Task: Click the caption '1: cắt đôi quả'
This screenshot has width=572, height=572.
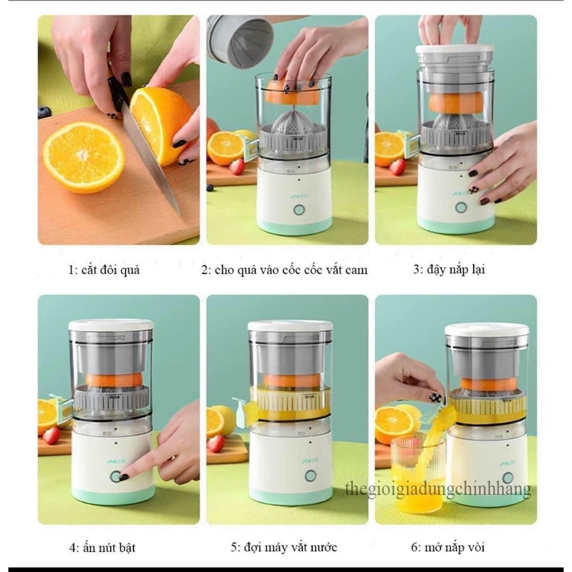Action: click(x=103, y=270)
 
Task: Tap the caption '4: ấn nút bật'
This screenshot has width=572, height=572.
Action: click(x=102, y=547)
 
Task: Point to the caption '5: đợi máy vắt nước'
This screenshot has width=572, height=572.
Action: click(x=284, y=547)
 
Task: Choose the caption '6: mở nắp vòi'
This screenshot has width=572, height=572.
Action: click(x=448, y=547)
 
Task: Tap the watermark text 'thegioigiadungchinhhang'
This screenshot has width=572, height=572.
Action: click(x=437, y=490)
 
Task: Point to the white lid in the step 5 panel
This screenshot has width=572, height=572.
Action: click(x=290, y=325)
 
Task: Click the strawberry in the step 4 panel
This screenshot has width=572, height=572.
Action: click(x=51, y=435)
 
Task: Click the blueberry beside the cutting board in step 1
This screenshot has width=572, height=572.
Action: click(x=44, y=112)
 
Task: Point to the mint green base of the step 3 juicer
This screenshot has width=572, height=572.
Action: click(x=455, y=226)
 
